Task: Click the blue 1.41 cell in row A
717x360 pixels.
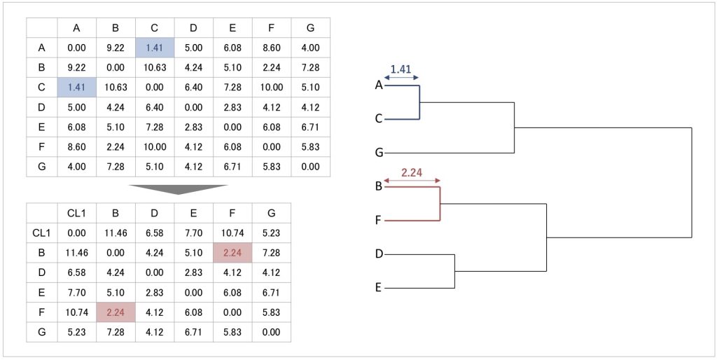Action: (x=155, y=48)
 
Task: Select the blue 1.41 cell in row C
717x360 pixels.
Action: (x=77, y=88)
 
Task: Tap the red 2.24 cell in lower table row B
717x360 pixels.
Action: (x=232, y=253)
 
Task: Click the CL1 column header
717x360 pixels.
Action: (x=77, y=213)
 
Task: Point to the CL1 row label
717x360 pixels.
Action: (x=41, y=233)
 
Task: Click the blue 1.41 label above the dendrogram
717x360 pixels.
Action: (x=401, y=70)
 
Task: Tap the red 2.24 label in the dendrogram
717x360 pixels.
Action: (x=412, y=173)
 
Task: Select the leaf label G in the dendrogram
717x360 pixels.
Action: (x=379, y=153)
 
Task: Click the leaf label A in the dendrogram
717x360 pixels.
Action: (x=379, y=85)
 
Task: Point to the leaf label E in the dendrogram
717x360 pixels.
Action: (x=379, y=288)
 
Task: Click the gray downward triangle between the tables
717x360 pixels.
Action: (x=178, y=189)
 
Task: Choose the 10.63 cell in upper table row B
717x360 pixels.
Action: (x=155, y=68)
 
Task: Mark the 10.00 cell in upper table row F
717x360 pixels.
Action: (x=271, y=88)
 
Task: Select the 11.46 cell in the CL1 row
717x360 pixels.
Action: (x=116, y=233)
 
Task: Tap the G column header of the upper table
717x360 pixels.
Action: (x=310, y=28)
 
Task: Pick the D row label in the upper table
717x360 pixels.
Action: (x=41, y=107)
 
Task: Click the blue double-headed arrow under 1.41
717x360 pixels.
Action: (x=402, y=78)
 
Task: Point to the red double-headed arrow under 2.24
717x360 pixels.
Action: (x=412, y=181)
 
